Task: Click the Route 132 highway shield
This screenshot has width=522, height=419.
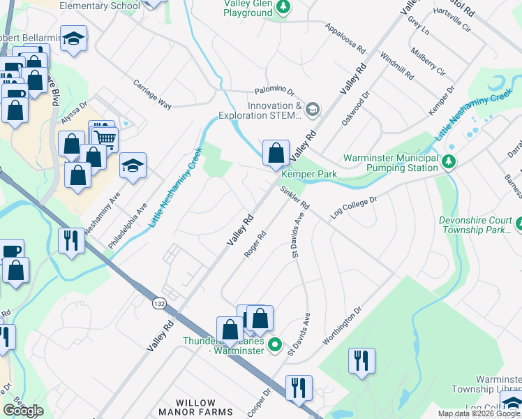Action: [x=158, y=302]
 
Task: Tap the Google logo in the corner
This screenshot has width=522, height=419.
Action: [x=23, y=411]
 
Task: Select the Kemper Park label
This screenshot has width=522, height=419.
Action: [x=309, y=173]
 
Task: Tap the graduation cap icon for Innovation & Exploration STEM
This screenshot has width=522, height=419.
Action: [x=313, y=108]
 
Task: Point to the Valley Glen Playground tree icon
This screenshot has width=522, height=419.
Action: [x=283, y=8]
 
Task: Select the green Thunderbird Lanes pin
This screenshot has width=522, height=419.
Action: [x=275, y=344]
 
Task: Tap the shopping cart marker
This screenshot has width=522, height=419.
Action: [x=105, y=137]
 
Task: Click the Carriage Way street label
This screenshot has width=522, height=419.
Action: [x=152, y=94]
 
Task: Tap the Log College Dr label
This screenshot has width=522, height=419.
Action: [x=353, y=208]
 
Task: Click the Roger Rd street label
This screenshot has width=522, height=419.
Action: [x=255, y=244]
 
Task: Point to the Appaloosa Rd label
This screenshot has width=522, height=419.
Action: [x=345, y=38]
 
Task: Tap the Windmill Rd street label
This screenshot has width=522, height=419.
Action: [x=398, y=64]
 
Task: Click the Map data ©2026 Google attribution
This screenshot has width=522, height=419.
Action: [x=479, y=413]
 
